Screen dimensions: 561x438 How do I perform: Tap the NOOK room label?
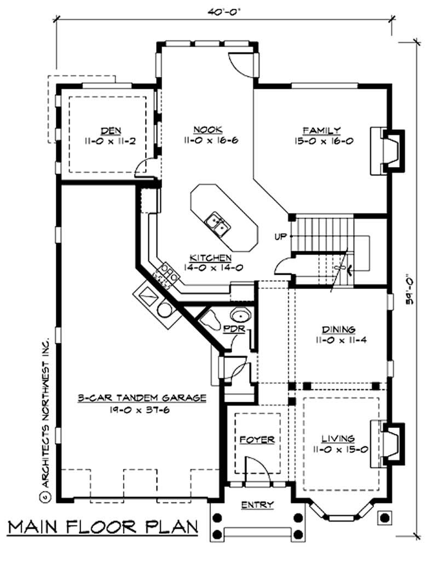208,130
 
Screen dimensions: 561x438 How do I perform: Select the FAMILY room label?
322,130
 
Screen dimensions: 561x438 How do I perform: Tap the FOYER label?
257,439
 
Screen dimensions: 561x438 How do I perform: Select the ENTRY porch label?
257,505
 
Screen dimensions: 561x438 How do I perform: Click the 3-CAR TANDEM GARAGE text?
141,398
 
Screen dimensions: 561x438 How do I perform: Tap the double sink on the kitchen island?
217,223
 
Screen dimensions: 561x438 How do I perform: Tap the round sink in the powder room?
240,316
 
